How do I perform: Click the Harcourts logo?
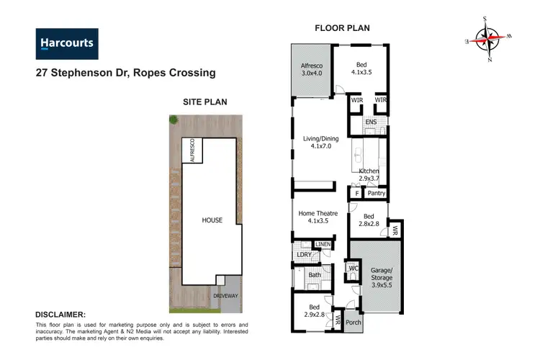coord(66,43)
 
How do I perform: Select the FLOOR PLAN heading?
coord(342,29)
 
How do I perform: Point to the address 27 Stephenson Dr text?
coord(125,73)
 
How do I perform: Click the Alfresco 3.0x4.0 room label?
coord(312,68)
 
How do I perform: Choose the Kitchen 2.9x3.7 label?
coord(369,175)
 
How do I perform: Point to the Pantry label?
coord(376,193)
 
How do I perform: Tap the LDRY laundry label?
coord(303,255)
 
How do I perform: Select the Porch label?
coord(352,323)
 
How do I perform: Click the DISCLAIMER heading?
coord(60,315)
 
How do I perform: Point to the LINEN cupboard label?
coord(323,246)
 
